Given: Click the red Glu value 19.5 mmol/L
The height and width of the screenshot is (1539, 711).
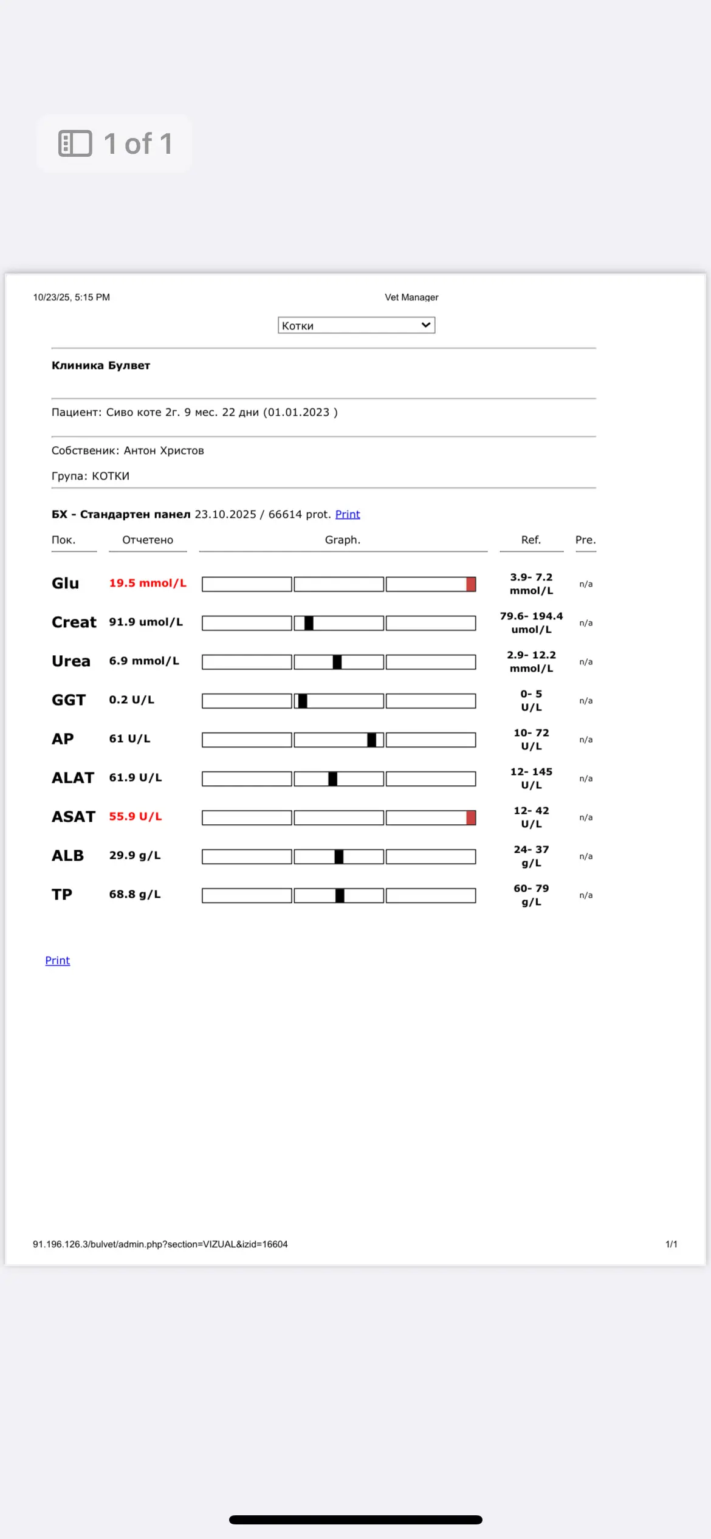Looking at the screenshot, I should pyautogui.click(x=148, y=583).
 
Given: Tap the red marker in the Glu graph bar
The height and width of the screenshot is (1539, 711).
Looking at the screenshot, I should pyautogui.click(x=471, y=584).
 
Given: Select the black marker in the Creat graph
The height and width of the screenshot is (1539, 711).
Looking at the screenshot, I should pyautogui.click(x=309, y=623).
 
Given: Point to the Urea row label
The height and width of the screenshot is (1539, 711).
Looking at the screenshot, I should pyautogui.click(x=71, y=661).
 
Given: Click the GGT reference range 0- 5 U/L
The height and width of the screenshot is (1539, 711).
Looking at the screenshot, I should pyautogui.click(x=531, y=700).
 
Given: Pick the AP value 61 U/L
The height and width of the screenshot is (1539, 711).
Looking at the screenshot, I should pyautogui.click(x=129, y=739).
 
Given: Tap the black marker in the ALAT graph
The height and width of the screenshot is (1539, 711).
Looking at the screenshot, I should pyautogui.click(x=332, y=779).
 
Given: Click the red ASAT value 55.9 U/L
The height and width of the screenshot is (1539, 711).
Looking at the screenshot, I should pyautogui.click(x=136, y=816).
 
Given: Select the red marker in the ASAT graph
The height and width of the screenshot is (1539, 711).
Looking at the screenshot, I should pyautogui.click(x=471, y=818).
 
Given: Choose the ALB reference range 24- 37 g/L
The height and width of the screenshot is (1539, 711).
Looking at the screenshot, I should pyautogui.click(x=531, y=856).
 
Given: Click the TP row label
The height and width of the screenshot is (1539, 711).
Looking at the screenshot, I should pyautogui.click(x=62, y=894).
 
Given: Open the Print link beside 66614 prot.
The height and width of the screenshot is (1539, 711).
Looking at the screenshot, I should pyautogui.click(x=348, y=514).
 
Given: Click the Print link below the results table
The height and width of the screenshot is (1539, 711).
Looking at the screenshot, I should pyautogui.click(x=58, y=960).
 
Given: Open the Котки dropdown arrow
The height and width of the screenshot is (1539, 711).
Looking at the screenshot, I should pyautogui.click(x=426, y=325).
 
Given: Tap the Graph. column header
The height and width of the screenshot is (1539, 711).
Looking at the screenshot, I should pyautogui.click(x=343, y=540).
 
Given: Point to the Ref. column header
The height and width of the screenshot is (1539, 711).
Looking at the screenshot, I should pyautogui.click(x=531, y=540).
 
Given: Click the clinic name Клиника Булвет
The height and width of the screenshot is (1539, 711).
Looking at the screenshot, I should pyautogui.click(x=101, y=365).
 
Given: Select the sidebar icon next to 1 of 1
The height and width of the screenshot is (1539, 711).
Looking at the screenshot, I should pyautogui.click(x=75, y=143).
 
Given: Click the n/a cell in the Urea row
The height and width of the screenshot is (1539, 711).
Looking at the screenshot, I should pyautogui.click(x=586, y=662).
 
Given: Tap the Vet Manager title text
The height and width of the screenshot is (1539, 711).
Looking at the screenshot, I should pyautogui.click(x=411, y=297).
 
